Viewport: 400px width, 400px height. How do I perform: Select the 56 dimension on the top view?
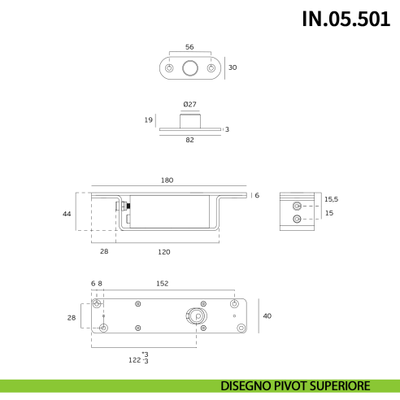pyautogui.click(x=190, y=47)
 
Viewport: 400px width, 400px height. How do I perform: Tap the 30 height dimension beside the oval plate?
pyautogui.click(x=233, y=68)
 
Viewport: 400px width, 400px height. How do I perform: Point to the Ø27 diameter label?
pyautogui.click(x=189, y=103)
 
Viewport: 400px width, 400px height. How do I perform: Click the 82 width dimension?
pyautogui.click(x=190, y=140)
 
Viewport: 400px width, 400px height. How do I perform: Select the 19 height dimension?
pyautogui.click(x=148, y=120)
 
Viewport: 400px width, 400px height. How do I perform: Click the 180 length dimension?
pyautogui.click(x=167, y=180)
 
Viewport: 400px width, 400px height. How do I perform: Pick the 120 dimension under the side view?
pyautogui.click(x=164, y=252)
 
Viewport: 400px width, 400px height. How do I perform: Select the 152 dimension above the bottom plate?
pyautogui.click(x=162, y=284)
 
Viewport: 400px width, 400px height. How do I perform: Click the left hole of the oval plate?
pyautogui.click(x=169, y=69)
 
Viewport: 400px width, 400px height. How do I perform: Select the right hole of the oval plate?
pyautogui.click(x=211, y=69)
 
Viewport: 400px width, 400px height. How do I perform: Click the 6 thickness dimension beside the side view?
pyautogui.click(x=256, y=195)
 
